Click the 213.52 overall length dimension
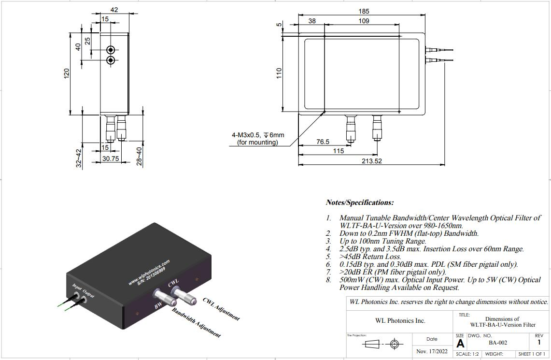[371, 161]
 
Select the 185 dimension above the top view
[364, 11]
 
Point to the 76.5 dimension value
[323, 142]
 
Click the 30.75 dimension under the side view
[110, 158]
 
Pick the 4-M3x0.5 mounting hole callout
[257, 139]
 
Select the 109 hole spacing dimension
[364, 21]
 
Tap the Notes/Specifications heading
[360, 202]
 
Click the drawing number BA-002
[497, 343]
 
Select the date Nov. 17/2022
[432, 351]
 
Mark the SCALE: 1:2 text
[467, 354]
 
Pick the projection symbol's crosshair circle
[395, 345]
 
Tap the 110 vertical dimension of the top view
[279, 73]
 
